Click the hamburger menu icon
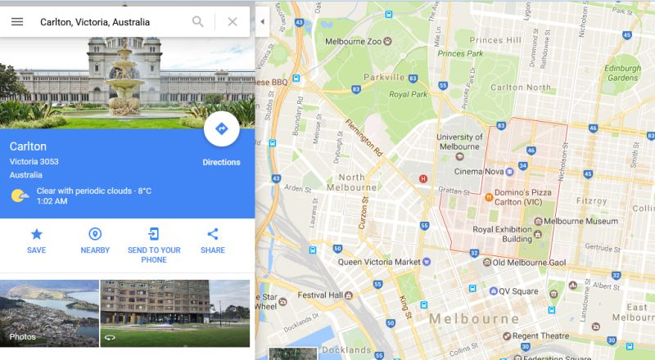point(17,21)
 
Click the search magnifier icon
point(198,21)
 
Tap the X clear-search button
point(233,21)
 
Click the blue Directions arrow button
point(221,128)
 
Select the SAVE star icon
point(36,234)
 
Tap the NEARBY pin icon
point(95,234)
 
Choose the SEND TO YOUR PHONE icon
point(154,234)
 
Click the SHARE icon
point(213,234)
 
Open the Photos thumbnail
point(50,313)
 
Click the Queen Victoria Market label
point(378,263)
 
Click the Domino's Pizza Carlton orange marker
point(489,196)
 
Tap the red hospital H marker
point(423,178)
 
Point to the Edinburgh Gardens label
point(622,72)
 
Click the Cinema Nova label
point(484,171)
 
